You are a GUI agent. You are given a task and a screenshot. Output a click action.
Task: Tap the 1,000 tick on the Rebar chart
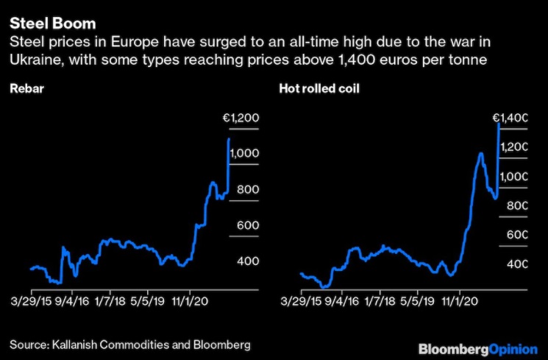(x=243, y=153)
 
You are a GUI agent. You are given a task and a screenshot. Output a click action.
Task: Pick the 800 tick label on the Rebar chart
(x=247, y=189)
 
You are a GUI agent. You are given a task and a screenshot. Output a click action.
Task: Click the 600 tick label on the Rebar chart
(x=247, y=225)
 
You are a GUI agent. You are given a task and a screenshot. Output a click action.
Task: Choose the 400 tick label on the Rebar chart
(x=247, y=261)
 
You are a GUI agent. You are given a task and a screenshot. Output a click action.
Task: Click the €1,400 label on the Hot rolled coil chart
(x=510, y=118)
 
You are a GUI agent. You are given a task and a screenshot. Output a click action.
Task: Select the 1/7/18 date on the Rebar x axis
(x=117, y=301)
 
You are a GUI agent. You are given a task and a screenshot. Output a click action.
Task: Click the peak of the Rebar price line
(x=229, y=138)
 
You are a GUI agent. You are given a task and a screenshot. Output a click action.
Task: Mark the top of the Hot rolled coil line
(x=499, y=124)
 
